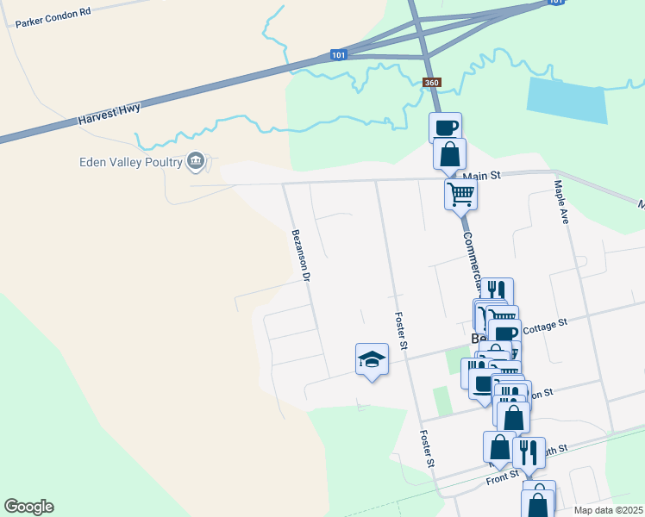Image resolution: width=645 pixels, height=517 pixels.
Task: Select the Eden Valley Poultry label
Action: click(130, 161)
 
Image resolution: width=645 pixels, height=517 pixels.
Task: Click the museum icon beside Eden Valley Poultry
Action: click(196, 161)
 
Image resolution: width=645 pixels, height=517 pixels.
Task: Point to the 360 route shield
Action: click(433, 83)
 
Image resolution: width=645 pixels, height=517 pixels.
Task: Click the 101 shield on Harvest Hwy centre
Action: click(339, 56)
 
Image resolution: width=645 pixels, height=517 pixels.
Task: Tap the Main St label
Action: click(481, 176)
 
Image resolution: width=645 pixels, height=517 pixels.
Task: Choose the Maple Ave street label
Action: click(562, 202)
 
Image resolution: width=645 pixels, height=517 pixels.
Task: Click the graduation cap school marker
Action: click(372, 359)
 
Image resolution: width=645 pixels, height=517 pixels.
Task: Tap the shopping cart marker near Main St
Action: click(461, 195)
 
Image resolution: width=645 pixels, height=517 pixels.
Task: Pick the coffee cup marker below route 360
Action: click(445, 128)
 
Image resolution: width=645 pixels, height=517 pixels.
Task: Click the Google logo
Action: click(28, 507)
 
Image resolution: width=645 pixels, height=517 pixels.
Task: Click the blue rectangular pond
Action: click(567, 100)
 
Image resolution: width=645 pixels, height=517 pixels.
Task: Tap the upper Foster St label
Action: click(400, 331)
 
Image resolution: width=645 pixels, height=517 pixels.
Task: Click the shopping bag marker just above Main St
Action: click(449, 155)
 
